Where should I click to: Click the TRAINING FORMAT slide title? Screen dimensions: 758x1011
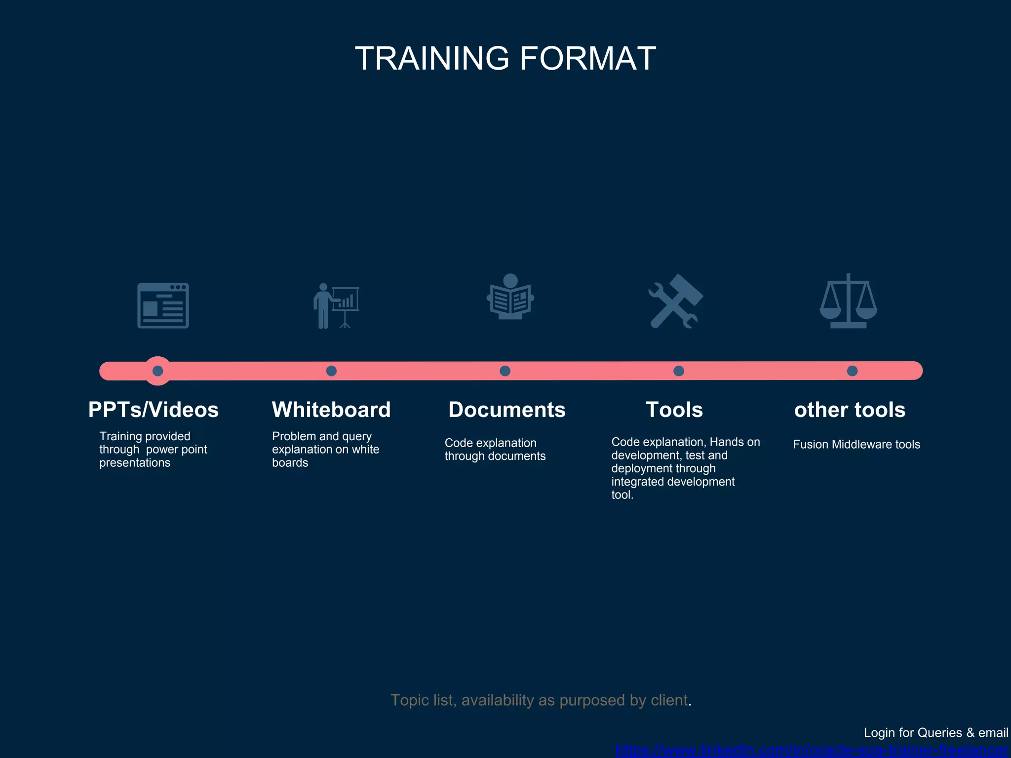tap(505, 58)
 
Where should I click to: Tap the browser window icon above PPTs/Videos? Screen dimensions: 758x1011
tap(163, 305)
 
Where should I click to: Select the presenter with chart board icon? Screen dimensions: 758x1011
tap(336, 305)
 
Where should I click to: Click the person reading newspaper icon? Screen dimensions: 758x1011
tap(510, 297)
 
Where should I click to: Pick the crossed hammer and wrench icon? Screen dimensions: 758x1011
tap(675, 301)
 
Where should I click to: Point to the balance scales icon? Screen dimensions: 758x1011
tap(848, 301)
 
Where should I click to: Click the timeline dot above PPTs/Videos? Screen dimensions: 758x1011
tap(158, 371)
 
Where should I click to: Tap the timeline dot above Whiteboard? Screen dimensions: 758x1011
tap(332, 371)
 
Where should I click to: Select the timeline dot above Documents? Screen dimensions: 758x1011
tap(505, 371)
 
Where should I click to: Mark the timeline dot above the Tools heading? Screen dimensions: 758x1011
tap(679, 371)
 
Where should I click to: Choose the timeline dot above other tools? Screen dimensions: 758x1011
tap(852, 371)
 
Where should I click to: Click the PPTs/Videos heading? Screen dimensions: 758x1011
tap(154, 410)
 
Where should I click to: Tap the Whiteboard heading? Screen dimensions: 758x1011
tap(331, 410)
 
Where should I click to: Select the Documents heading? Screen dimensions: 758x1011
tap(507, 410)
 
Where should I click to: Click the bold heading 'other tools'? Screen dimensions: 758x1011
tap(850, 410)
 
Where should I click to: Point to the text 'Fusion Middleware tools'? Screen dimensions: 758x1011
tap(856, 444)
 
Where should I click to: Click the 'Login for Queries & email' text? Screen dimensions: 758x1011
tap(935, 733)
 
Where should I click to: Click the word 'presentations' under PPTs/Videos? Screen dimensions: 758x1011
tap(135, 463)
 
